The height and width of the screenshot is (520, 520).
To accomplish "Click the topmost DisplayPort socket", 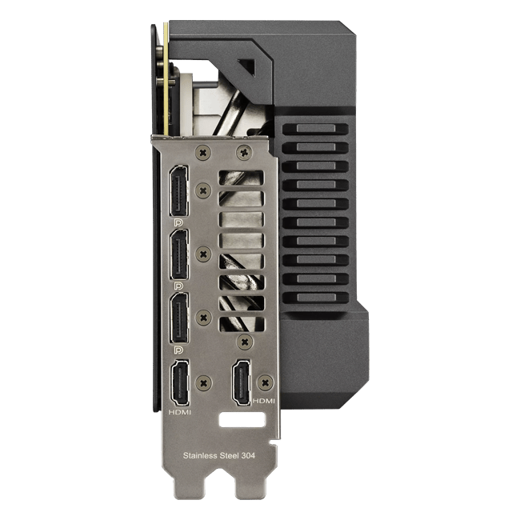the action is [x=178, y=190].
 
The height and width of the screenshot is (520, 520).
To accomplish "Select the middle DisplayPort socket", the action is [x=178, y=254].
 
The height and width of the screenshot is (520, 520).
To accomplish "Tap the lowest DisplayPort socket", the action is [x=178, y=318].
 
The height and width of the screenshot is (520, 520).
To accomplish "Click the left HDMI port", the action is [x=180, y=383].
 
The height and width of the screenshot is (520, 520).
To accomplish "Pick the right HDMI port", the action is [x=242, y=382].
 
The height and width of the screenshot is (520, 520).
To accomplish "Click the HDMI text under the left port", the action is [x=180, y=412].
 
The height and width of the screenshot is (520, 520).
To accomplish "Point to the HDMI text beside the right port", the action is [x=264, y=401].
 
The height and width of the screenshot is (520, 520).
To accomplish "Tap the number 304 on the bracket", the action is [x=248, y=456].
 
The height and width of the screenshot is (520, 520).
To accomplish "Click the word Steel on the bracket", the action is [x=229, y=456].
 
